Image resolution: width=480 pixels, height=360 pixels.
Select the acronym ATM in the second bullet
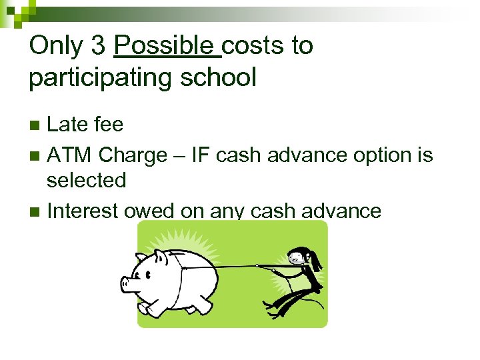click(69, 155)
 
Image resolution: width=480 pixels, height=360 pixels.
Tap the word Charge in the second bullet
click(132, 155)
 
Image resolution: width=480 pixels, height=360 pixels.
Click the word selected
click(87, 180)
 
